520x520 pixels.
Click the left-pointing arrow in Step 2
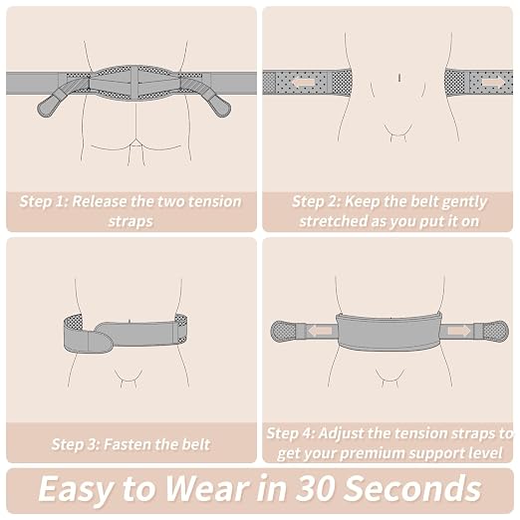304,83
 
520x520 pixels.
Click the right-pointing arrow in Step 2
493,82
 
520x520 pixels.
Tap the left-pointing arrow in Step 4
320,331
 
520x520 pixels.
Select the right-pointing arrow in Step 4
459,331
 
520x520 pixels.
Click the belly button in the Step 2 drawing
399,78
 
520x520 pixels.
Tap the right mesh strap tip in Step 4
496,331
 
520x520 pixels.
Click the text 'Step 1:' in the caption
44,201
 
